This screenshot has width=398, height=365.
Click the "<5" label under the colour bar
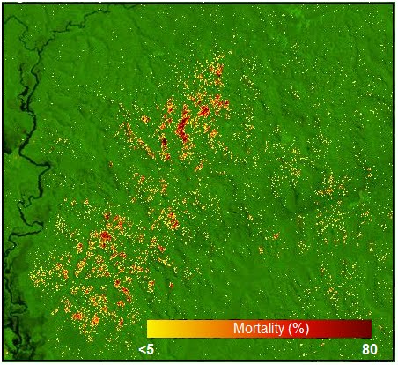[147, 349]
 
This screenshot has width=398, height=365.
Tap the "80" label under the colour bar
[369, 349]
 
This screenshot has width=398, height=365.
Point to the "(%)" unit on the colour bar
[298, 329]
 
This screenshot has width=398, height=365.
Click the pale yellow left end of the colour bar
[151, 329]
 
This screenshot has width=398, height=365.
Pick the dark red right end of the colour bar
[366, 329]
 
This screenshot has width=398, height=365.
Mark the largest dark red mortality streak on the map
[183, 129]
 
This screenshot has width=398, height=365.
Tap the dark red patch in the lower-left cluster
[105, 236]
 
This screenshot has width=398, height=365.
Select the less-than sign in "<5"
[143, 349]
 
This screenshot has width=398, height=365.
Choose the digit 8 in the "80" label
[365, 349]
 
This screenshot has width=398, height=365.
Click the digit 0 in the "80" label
[373, 349]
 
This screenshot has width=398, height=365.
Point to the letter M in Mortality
[239, 329]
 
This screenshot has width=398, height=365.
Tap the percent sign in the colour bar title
[298, 329]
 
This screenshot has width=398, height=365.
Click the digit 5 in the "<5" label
[151, 349]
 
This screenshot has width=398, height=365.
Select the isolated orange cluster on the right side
[329, 188]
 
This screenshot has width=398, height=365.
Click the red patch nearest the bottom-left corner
[77, 315]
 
